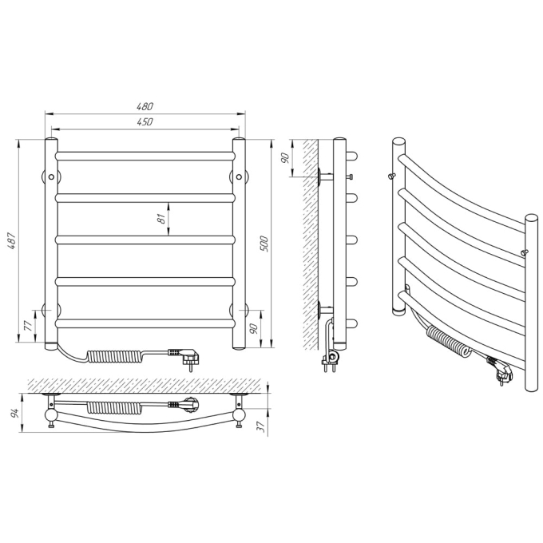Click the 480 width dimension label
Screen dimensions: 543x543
coord(145,106)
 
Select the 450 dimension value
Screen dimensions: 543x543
coord(145,122)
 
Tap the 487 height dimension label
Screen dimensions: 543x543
coord(12,240)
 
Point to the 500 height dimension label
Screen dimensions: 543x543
coord(264,244)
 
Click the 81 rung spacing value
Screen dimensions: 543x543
coord(161,219)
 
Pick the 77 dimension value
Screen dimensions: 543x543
coord(29,326)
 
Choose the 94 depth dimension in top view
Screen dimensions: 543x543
coord(15,413)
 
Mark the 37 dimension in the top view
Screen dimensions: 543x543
coord(262,427)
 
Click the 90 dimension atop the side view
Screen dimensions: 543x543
coord(285,158)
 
